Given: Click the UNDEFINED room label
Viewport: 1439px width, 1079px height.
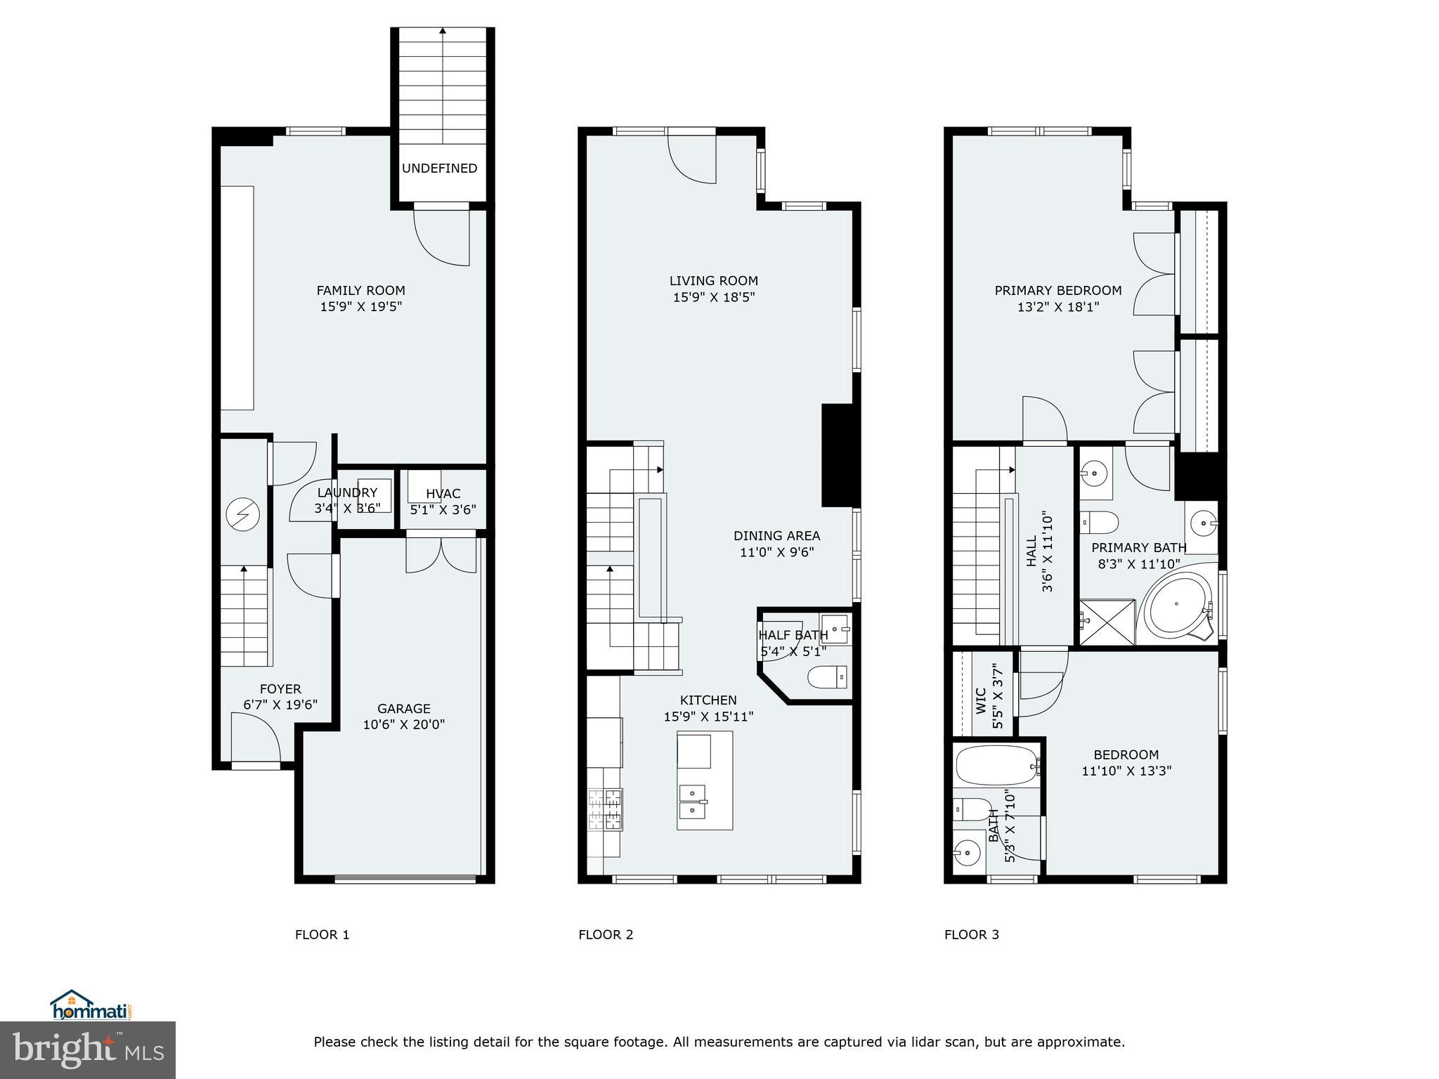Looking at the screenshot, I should (439, 168).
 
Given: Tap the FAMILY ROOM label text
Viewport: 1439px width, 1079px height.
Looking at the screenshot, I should (360, 290).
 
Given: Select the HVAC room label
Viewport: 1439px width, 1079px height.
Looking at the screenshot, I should (443, 494).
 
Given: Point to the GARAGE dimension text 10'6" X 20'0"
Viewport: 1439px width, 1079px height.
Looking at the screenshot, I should (403, 725).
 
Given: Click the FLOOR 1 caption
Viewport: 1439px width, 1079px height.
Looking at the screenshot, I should (322, 934).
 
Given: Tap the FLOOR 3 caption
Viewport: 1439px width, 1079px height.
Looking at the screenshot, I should (971, 934).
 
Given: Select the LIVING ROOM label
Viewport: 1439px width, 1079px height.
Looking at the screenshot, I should (713, 281).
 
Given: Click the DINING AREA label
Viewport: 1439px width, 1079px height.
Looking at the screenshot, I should (776, 536).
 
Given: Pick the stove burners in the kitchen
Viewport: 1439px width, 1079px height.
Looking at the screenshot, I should (605, 810).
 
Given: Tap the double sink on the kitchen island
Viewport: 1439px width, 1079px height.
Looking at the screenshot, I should (693, 802).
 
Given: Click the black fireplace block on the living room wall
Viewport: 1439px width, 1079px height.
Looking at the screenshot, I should (840, 455).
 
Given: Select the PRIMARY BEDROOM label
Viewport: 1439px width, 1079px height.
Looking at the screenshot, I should (1057, 290).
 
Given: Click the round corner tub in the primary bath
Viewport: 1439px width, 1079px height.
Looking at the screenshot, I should (1178, 604).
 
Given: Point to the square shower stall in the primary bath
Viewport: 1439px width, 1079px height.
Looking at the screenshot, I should (1107, 621).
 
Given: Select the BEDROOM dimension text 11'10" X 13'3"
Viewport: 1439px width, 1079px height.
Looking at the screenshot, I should (1126, 771).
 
